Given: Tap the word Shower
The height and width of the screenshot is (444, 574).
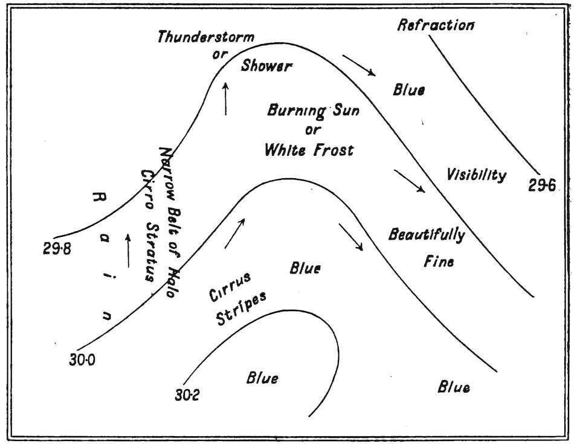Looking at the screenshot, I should [266, 66].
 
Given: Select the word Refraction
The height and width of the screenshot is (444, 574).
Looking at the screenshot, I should [436, 25].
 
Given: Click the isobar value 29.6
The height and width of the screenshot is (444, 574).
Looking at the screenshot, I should [543, 186].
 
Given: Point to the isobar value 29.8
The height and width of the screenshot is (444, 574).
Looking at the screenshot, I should [58, 248].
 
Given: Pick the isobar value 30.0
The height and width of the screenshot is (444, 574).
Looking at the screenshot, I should [84, 361].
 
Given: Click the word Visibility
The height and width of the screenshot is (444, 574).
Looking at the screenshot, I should [476, 175].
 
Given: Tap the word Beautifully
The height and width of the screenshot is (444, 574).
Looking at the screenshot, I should [427, 235].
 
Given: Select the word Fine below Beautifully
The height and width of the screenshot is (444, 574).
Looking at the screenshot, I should [438, 262].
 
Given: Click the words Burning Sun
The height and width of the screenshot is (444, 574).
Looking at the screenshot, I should [306, 111].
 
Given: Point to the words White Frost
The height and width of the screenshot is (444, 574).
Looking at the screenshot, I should [309, 150].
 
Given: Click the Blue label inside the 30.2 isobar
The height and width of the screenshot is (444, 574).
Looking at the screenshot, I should [262, 379].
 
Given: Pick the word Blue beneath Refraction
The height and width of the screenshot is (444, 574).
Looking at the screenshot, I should [408, 91].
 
